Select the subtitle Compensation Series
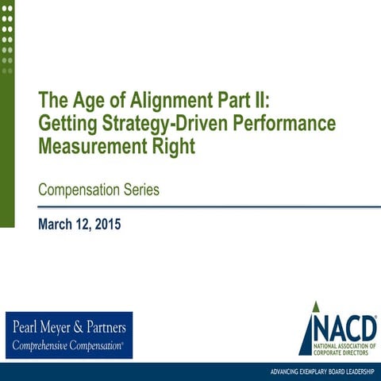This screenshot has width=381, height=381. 98,190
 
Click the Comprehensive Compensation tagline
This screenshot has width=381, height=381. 67,345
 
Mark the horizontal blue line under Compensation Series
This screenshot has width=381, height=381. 198,207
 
